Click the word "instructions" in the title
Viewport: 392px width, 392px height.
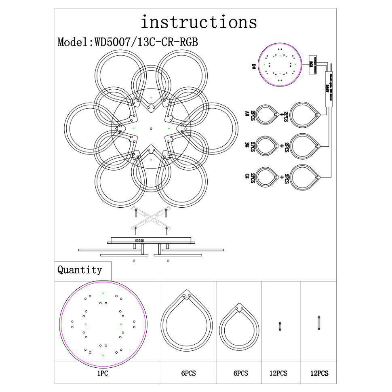click(x=198, y=22)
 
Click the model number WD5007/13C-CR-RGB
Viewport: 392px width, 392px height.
click(x=146, y=42)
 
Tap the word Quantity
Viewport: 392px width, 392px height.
click(x=80, y=270)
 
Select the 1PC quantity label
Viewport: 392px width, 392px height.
click(x=103, y=374)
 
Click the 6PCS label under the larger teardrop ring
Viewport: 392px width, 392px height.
click(x=188, y=374)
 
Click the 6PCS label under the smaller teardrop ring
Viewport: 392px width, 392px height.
click(x=240, y=374)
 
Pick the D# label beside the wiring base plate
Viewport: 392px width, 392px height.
click(x=254, y=66)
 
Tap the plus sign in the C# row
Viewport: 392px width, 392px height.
click(x=282, y=177)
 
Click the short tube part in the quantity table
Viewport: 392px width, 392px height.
click(x=280, y=326)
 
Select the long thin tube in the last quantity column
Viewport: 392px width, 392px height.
click(x=319, y=323)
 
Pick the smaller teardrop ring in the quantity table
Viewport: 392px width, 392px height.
click(x=239, y=326)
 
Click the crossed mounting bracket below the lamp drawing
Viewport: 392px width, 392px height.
click(x=150, y=219)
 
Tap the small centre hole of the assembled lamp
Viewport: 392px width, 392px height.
click(x=151, y=129)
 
